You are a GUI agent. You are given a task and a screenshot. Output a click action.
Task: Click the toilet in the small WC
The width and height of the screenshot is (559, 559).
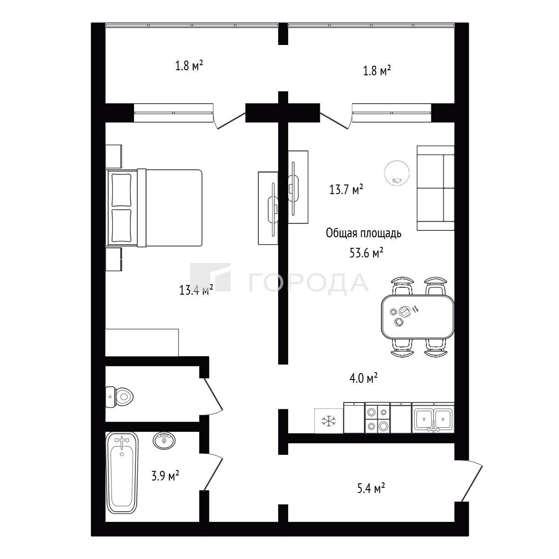pos(119,397)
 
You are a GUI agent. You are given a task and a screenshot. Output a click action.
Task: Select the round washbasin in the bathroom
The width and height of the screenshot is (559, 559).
pos(164,441)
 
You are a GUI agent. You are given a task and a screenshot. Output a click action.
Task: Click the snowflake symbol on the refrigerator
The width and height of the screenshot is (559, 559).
pos(329,421)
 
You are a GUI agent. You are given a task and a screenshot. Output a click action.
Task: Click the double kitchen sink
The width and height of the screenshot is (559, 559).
pos(433,419)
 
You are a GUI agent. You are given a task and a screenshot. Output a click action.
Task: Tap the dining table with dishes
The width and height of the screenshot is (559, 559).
pos(418,317)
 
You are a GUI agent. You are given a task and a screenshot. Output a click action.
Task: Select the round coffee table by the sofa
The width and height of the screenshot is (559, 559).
pos(397,173)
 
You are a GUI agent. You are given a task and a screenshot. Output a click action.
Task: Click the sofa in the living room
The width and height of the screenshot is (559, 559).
pos(436,188)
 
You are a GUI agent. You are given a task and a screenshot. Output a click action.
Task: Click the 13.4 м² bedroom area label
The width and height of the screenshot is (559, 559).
pos(196,289)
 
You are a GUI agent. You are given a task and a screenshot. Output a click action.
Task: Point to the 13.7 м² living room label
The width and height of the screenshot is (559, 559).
pos(346,190)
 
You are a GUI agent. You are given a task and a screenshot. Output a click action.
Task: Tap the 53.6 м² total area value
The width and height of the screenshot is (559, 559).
pos(366,253)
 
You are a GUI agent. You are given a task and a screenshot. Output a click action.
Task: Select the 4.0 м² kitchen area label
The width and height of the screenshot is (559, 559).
pos(363,378)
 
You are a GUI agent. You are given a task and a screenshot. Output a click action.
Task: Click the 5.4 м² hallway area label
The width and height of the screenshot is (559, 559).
pos(371,489)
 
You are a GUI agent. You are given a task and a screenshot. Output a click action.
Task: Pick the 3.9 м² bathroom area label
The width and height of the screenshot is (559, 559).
pos(165,476)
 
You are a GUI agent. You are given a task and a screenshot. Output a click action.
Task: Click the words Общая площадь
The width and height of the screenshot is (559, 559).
pos(363,233)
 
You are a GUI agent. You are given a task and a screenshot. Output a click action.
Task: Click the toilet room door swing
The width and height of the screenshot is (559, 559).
pos(213,395)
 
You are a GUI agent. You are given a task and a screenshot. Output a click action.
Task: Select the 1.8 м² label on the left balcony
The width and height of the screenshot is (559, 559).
pos(189,66)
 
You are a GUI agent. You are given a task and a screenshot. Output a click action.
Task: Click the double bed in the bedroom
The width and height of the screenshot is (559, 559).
pos(155,208)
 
